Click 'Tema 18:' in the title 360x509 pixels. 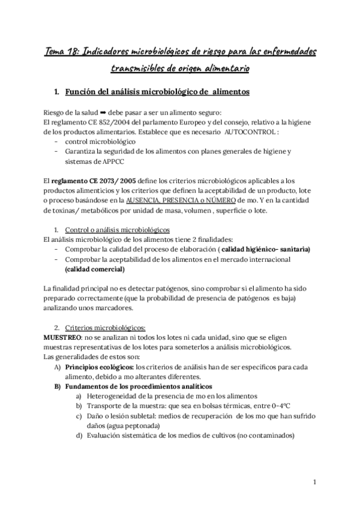(x=63, y=52)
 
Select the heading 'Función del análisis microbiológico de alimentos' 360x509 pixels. (x=152, y=92)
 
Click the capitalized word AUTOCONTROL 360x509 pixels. (x=250, y=132)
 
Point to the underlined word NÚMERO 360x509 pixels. (x=229, y=200)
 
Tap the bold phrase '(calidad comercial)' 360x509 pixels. (x=99, y=269)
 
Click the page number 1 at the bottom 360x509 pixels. (x=315, y=481)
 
